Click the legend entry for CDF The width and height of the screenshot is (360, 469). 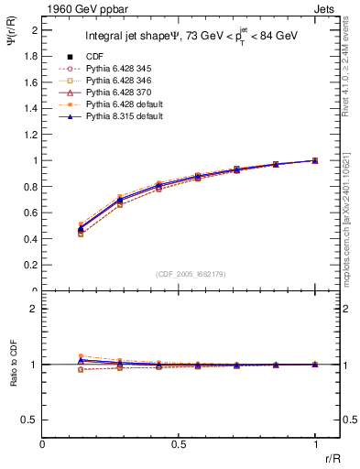tap(94, 58)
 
